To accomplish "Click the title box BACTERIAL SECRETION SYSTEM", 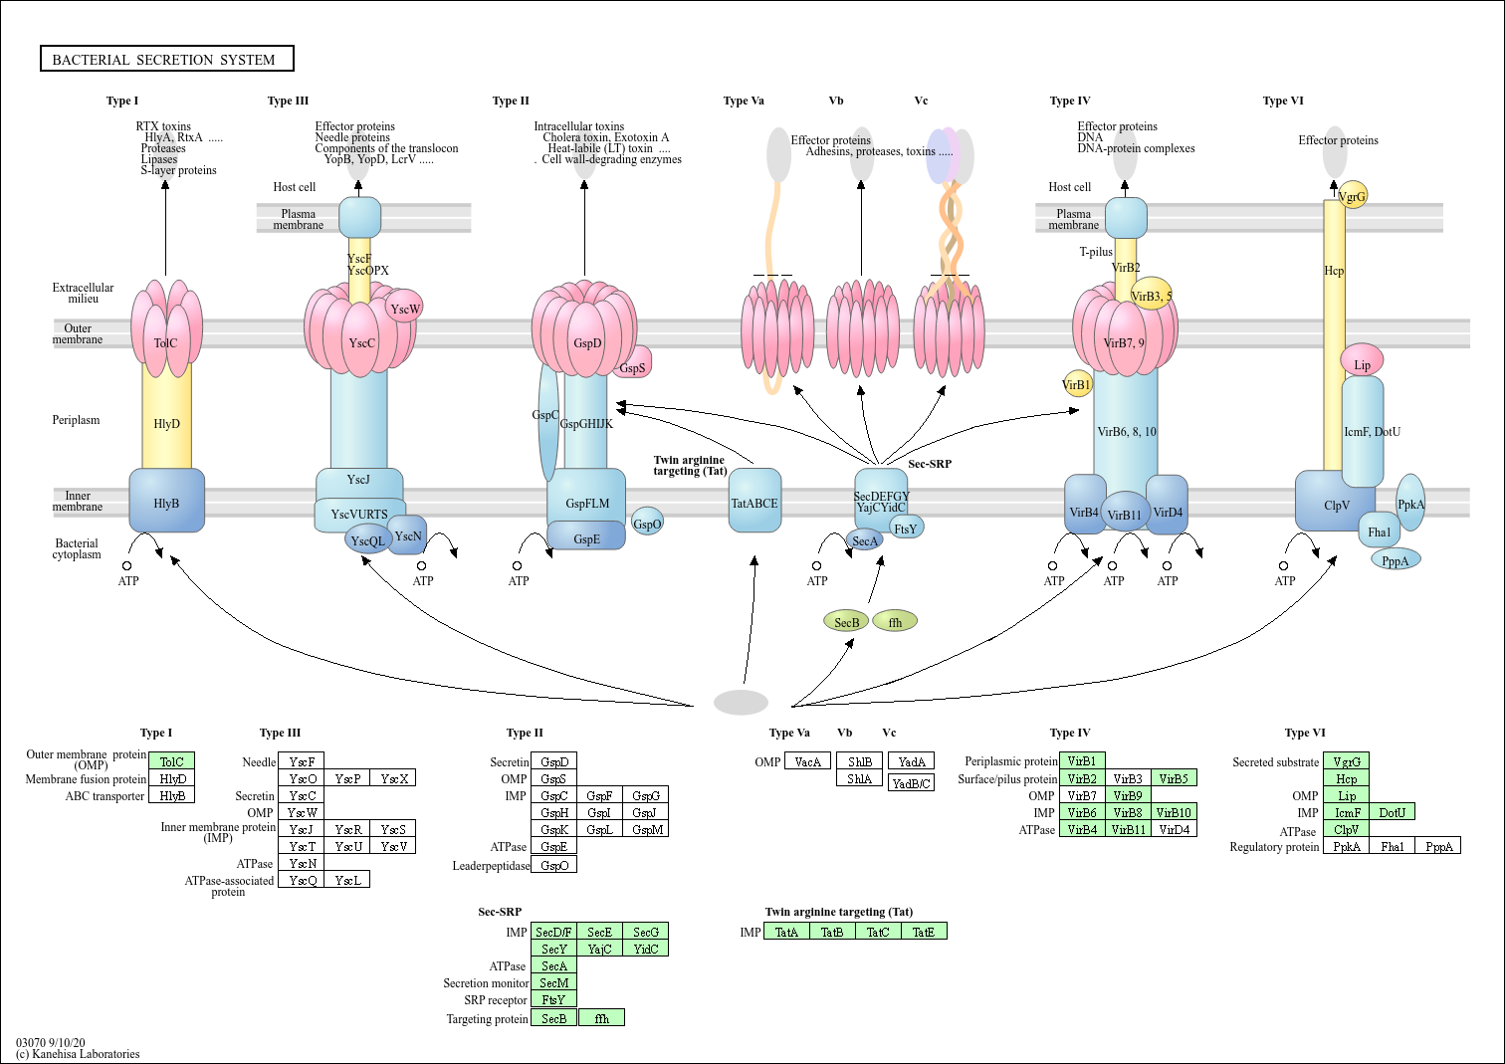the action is (166, 59).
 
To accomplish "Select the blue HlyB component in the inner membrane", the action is (166, 501).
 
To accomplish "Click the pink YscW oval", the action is (405, 309).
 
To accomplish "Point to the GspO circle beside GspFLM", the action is (648, 523).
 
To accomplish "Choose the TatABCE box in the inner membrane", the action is (754, 501).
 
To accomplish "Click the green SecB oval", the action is (846, 622).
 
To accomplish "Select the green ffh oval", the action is (895, 622).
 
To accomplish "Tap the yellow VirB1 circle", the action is (1077, 384).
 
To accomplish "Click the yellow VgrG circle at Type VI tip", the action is (1352, 195).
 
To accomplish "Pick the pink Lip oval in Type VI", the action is (1362, 361).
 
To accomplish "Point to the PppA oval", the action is (1396, 559).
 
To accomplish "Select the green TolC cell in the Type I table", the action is (171, 761).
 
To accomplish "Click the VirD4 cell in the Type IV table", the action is (1174, 829).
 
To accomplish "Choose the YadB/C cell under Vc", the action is (911, 783).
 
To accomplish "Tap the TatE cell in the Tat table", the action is (924, 932).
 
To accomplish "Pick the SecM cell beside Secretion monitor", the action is (554, 982).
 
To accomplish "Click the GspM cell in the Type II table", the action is (646, 829).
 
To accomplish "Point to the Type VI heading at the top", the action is (1283, 101).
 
